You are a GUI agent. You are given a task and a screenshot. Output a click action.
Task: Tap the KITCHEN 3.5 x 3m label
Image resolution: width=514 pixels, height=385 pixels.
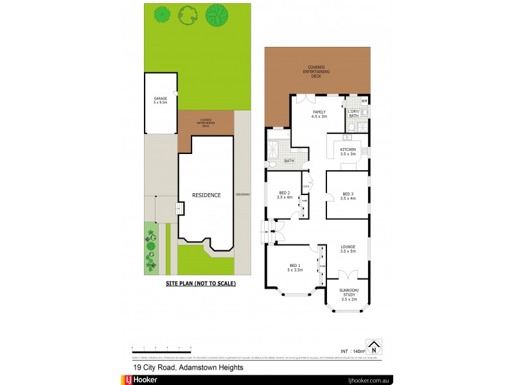348,151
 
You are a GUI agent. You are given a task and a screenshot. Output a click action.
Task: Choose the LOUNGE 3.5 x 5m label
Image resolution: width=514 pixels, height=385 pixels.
348,248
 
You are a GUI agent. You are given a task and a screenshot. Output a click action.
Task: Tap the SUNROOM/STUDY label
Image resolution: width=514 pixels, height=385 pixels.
348,294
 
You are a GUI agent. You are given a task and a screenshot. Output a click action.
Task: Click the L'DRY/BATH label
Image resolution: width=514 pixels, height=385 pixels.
353,114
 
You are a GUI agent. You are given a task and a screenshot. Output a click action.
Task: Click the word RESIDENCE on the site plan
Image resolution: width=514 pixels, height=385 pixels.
207,195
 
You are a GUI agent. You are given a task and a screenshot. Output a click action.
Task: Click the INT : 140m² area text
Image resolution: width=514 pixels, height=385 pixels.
351,351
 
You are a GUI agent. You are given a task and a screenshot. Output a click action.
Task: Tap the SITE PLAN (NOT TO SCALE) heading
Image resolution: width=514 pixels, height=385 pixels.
201,283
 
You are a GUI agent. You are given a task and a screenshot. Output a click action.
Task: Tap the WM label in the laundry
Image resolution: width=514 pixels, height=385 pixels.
364,101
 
